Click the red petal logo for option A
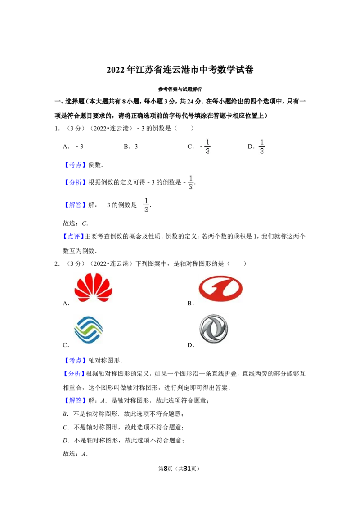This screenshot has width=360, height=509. (93, 288)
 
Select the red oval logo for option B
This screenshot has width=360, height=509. (220, 288)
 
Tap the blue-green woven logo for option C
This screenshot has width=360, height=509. (88, 330)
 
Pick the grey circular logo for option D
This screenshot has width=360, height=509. (213, 329)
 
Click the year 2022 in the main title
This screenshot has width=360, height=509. (116, 70)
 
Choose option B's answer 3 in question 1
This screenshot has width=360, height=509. (136, 147)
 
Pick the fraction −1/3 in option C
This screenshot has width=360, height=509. (205, 147)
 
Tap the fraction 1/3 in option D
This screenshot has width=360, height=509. (261, 147)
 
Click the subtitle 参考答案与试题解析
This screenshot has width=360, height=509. (180, 89)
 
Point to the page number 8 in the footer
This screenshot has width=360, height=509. (166, 469)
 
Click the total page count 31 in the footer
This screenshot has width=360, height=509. (188, 469)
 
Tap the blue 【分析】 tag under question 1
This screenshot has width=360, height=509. (76, 183)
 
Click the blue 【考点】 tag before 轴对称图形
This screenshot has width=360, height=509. (76, 360)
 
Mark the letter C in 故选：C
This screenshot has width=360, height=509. (84, 223)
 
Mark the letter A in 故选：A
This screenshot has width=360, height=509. (84, 454)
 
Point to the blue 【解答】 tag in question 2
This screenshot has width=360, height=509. (76, 401)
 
